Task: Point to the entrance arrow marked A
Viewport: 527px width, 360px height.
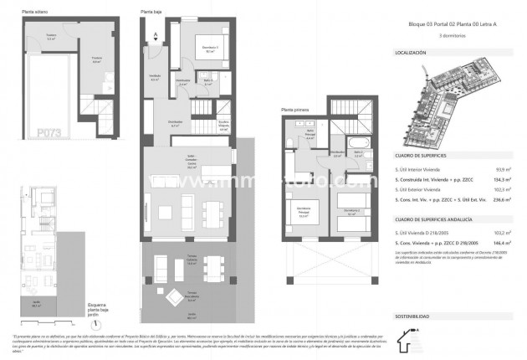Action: [156, 36]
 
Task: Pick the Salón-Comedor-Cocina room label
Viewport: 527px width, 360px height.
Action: [192, 164]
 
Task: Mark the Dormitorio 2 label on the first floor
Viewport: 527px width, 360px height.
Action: [353, 210]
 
